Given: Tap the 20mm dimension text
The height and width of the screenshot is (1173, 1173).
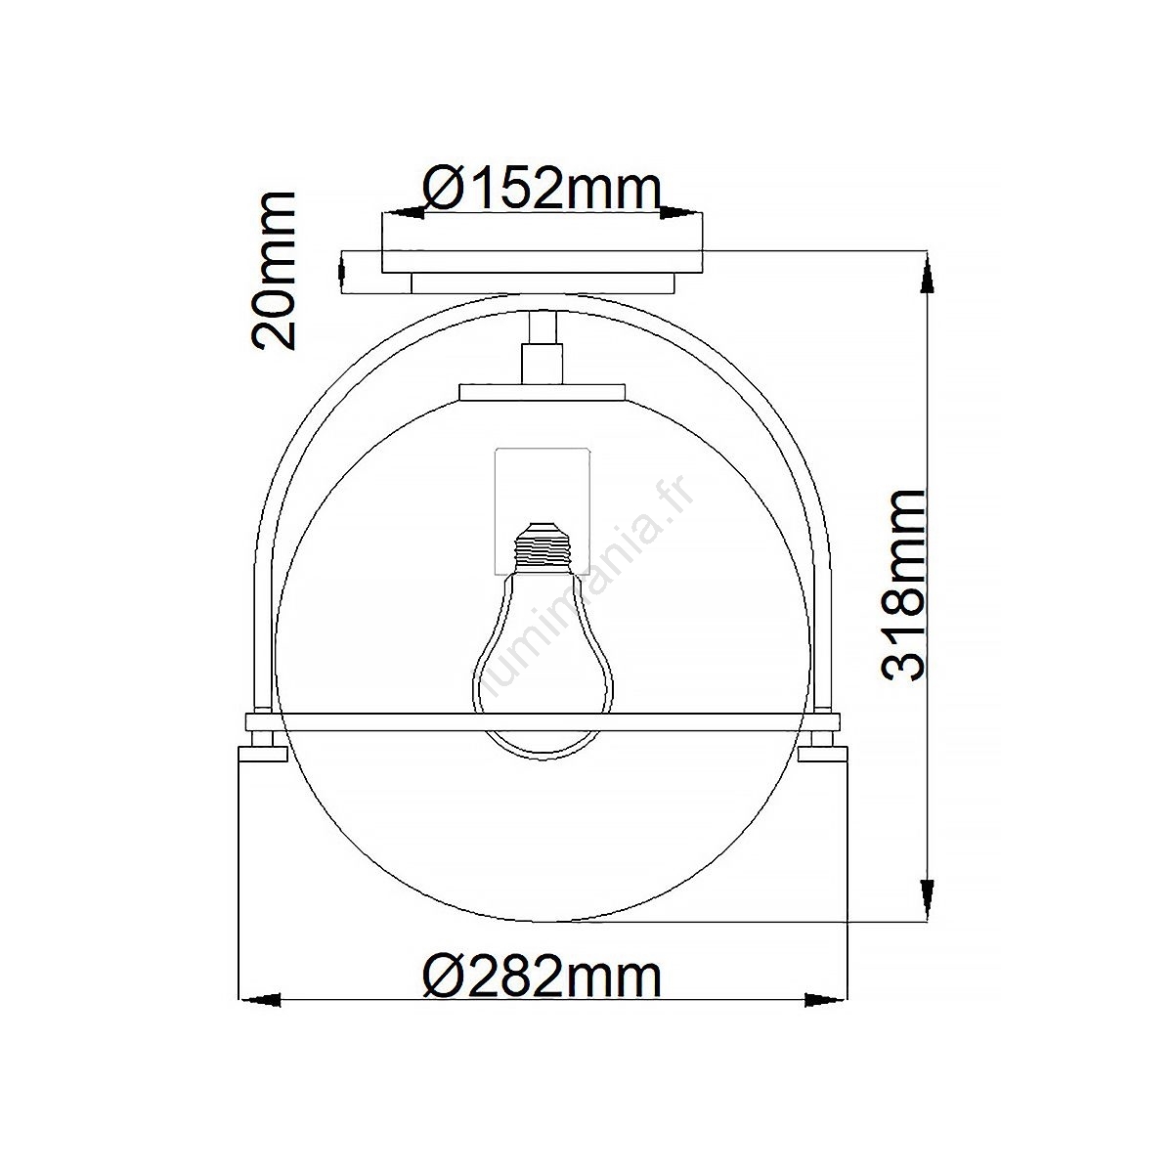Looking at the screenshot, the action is click(x=274, y=271).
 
